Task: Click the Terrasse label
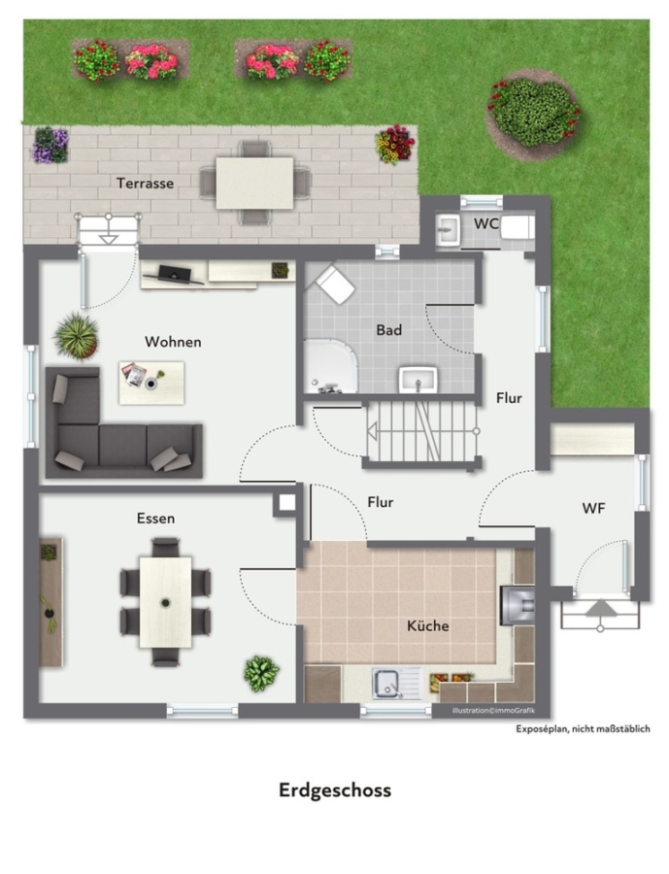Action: [x=145, y=184]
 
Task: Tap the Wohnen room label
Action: [x=173, y=342]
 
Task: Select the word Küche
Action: [x=427, y=625]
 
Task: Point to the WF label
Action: [x=593, y=508]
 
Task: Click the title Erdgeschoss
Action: [x=334, y=790]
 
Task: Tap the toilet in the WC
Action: [x=518, y=227]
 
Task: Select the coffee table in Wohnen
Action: [x=151, y=383]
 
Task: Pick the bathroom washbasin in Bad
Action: [x=418, y=380]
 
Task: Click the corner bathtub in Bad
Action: [x=329, y=366]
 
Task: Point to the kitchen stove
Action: [x=518, y=605]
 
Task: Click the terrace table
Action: [x=254, y=184]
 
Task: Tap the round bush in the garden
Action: [x=533, y=114]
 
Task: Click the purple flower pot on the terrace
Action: [x=50, y=145]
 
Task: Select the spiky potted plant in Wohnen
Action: [x=77, y=336]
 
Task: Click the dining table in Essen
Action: [x=166, y=602]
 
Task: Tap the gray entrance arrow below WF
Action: [x=600, y=608]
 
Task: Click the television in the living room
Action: [x=174, y=275]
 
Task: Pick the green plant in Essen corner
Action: [x=261, y=673]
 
